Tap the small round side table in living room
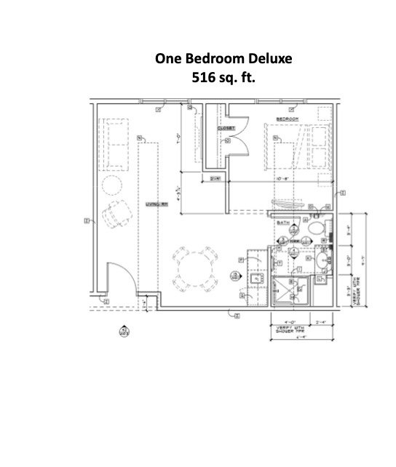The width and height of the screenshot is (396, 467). tap(113, 185)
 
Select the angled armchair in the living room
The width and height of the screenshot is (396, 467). tap(115, 217)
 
